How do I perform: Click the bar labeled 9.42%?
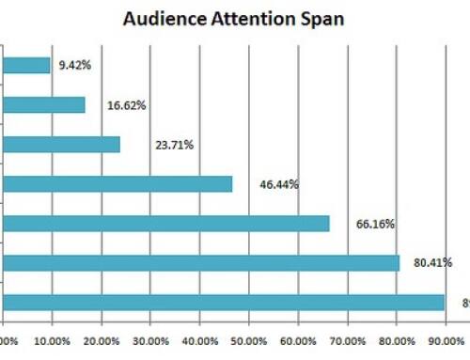point(26,65)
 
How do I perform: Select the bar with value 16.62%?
point(44,104)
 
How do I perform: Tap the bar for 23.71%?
point(61,144)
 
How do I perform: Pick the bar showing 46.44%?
point(117,183)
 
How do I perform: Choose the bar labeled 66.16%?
point(166,223)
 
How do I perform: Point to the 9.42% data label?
point(75,66)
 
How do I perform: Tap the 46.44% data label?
point(279,185)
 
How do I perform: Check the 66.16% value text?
point(375,225)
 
